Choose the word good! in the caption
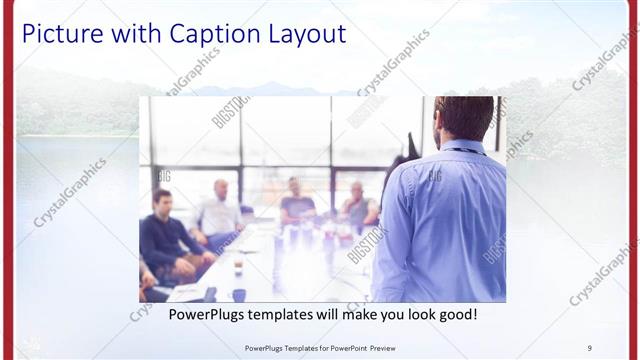click(456, 314)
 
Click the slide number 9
click(590, 348)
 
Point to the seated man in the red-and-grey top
click(358, 206)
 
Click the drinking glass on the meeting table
click(238, 267)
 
